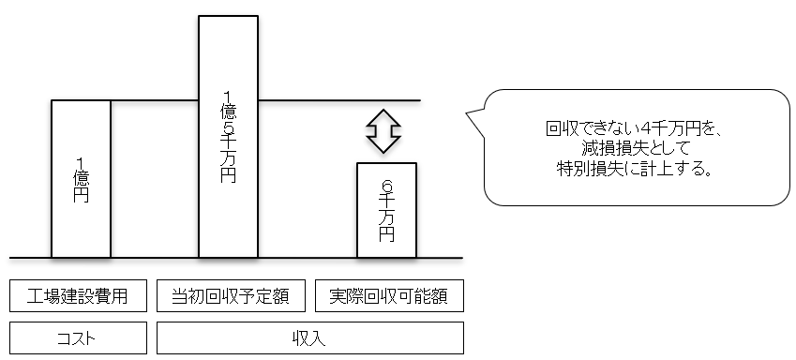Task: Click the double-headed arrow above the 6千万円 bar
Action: [383, 130]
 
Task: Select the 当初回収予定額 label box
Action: [231, 297]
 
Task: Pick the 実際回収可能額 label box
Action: [389, 297]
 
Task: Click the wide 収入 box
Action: [310, 337]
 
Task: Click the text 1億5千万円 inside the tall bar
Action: [228, 135]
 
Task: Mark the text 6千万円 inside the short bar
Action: [386, 212]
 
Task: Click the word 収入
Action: [310, 337]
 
